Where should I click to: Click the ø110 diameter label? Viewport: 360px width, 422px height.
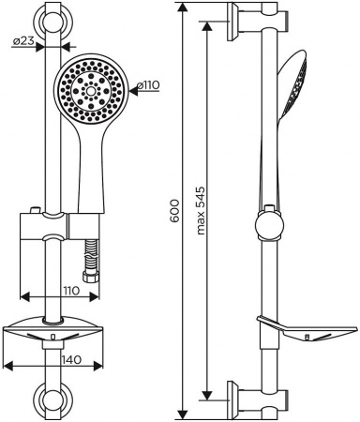point(149,85)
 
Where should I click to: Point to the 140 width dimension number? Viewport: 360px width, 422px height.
point(57,359)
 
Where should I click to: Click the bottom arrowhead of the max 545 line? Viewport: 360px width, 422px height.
point(206,399)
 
